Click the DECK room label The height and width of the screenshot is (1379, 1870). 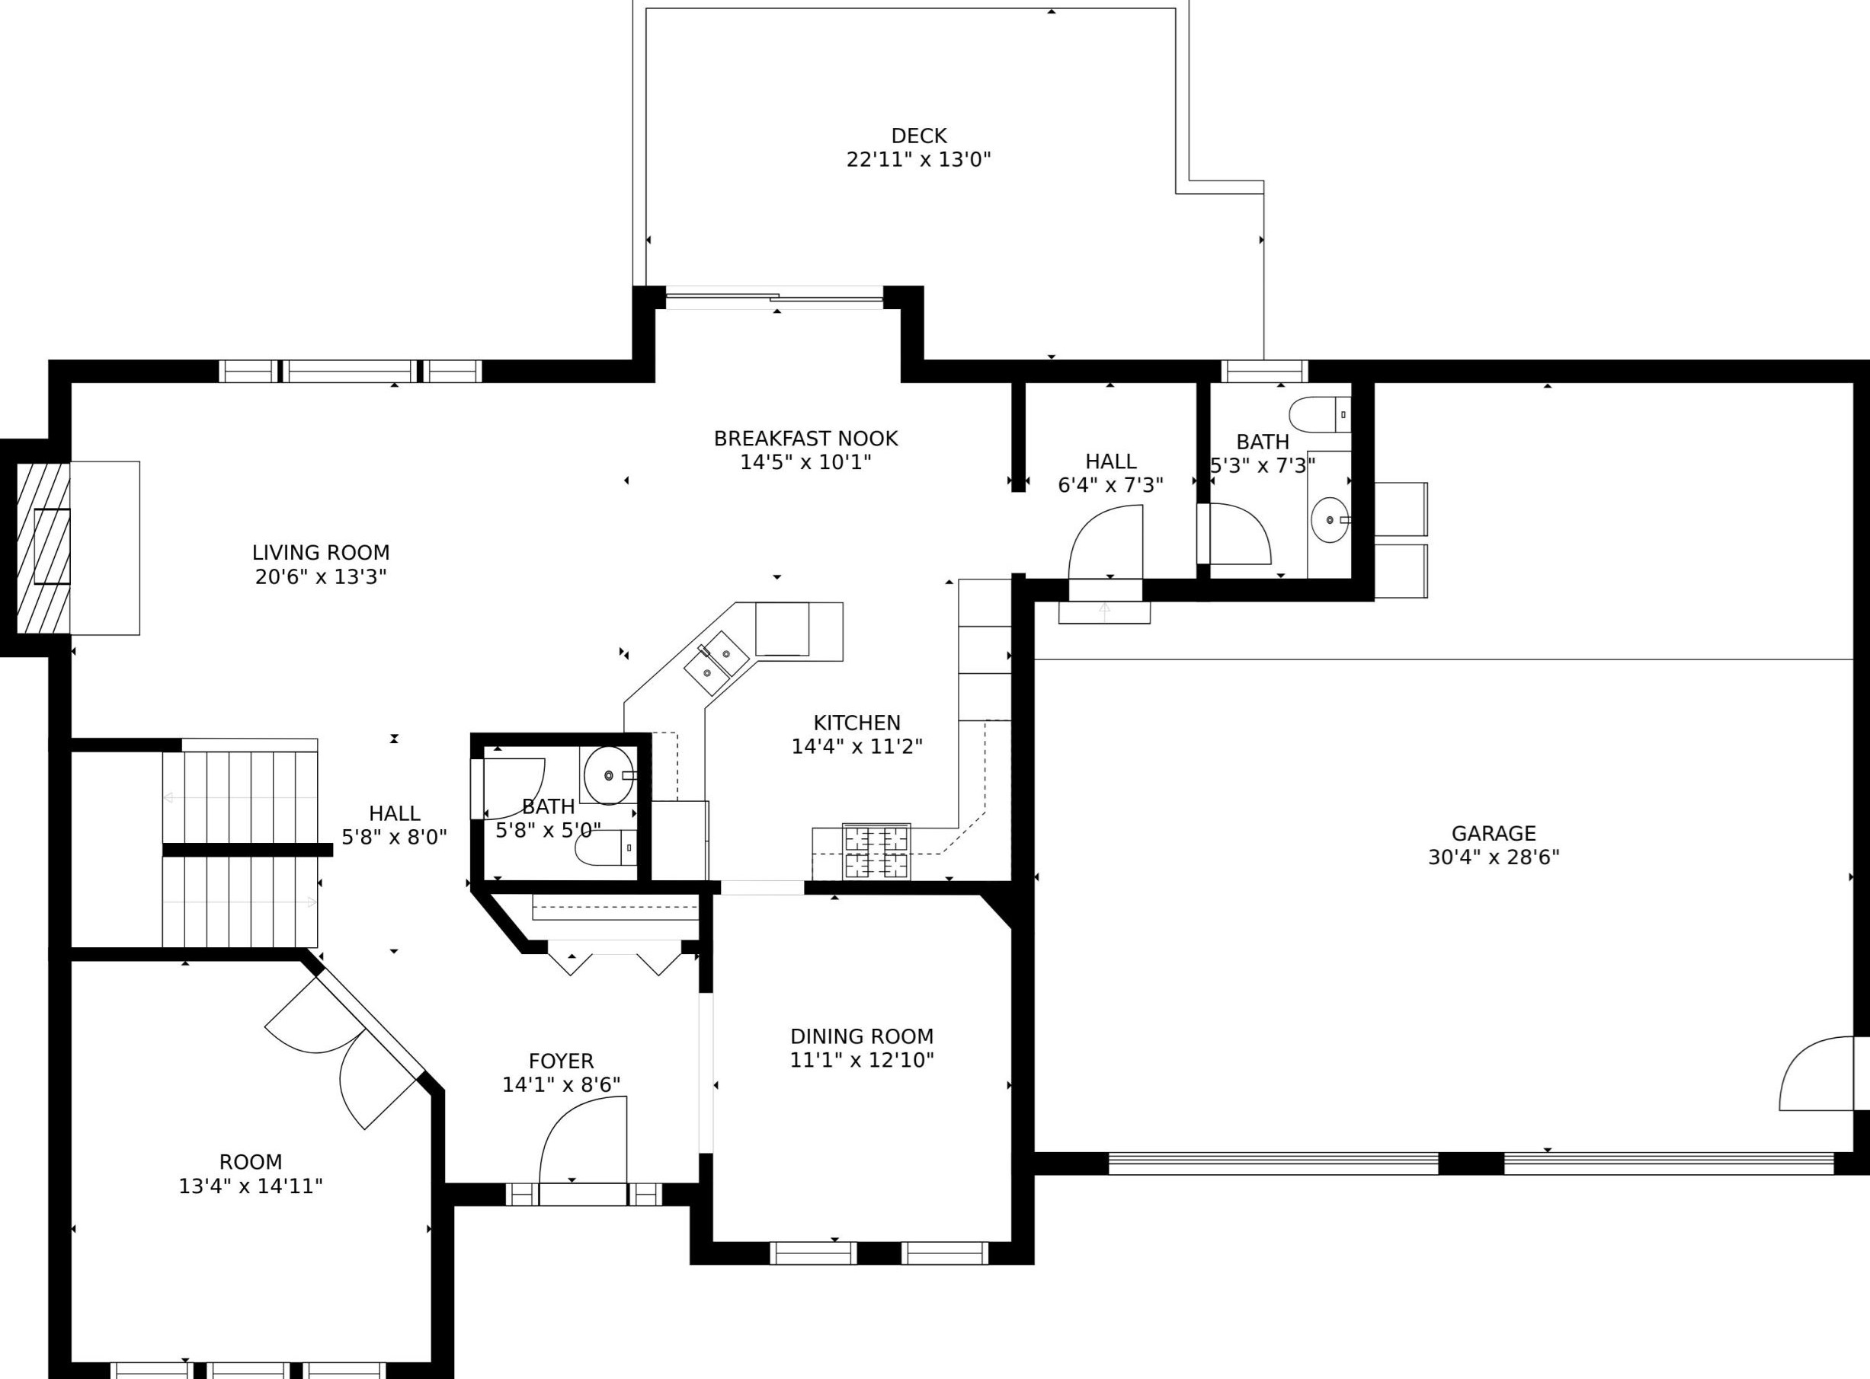pyautogui.click(x=919, y=136)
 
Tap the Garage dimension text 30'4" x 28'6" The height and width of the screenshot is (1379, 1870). pyautogui.click(x=1494, y=857)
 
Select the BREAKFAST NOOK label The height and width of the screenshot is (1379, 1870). pyautogui.click(x=805, y=439)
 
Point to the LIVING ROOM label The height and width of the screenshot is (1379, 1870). pyautogui.click(x=321, y=553)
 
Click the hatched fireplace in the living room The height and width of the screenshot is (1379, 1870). pyautogui.click(x=43, y=547)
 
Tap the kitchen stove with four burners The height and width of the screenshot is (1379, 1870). pyautogui.click(x=876, y=851)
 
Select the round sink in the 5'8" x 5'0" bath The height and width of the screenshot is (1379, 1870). pyautogui.click(x=608, y=775)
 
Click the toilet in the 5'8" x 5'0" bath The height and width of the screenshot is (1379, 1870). pyautogui.click(x=606, y=848)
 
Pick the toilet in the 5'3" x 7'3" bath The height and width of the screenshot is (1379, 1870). pyautogui.click(x=1320, y=414)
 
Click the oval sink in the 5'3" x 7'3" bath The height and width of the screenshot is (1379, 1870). pyautogui.click(x=1330, y=520)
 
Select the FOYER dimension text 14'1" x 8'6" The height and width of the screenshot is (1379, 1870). pyautogui.click(x=562, y=1084)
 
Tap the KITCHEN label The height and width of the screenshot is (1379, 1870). pyautogui.click(x=857, y=723)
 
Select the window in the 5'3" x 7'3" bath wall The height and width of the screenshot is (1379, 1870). pyautogui.click(x=1264, y=372)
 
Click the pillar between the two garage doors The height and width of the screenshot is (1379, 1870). pyautogui.click(x=1471, y=1164)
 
